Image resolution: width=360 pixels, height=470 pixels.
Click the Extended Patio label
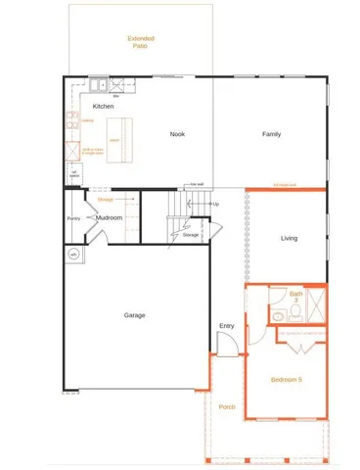[x=141, y=41]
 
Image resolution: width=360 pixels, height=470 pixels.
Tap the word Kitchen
[x=103, y=106]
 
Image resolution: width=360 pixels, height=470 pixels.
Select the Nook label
[x=177, y=134]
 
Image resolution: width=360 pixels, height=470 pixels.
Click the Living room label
[x=289, y=238]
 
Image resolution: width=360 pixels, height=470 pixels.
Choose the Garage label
[x=134, y=315]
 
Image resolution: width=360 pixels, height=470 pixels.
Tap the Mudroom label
[x=109, y=217]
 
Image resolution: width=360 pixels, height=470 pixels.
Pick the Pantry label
[x=72, y=218]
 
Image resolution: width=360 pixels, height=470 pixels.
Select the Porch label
[x=227, y=406]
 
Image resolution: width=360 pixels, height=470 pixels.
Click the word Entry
[x=226, y=326]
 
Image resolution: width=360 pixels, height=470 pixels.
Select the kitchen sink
[x=102, y=83]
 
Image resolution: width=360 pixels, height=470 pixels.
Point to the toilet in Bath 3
[x=278, y=314]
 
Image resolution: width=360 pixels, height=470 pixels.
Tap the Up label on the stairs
[x=215, y=204]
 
